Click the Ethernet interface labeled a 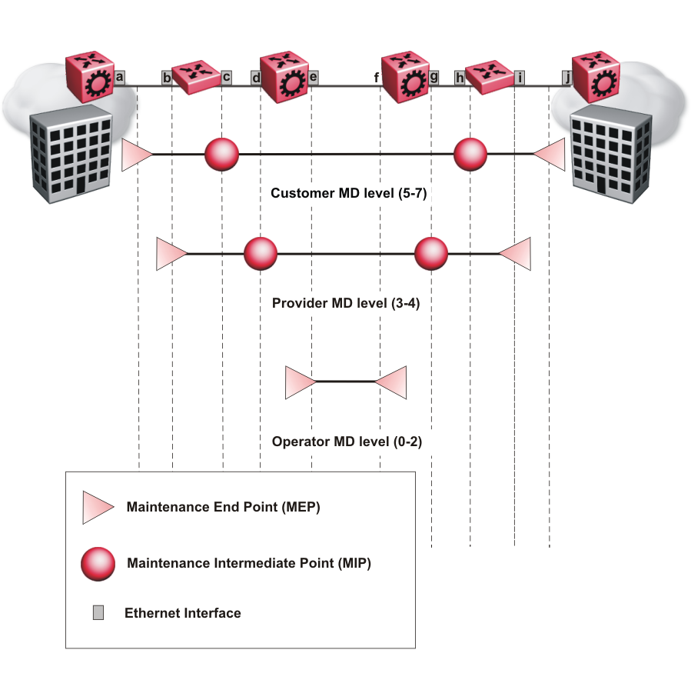coord(119,77)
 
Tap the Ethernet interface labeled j coord(567,77)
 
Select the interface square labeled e coord(314,77)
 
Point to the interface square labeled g coord(434,77)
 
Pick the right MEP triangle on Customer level coord(550,155)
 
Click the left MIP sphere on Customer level coord(221,155)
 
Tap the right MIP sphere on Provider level coord(431,254)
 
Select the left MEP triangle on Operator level coord(300,382)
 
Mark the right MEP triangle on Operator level coord(391,382)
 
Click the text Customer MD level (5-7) coord(348,193)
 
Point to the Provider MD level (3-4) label coord(346,303)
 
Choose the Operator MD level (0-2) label coord(347,442)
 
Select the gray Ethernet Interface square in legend coord(98,613)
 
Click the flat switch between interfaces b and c coord(196,78)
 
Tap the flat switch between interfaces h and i coord(490,78)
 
